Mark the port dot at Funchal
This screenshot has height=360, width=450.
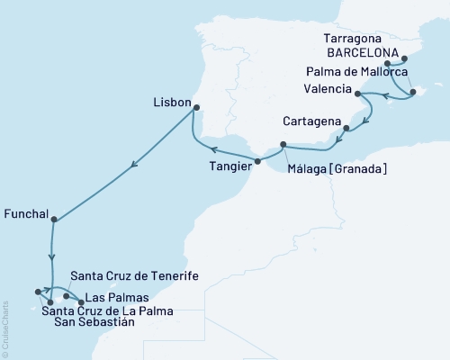55,219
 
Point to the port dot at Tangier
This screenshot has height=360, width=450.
258,162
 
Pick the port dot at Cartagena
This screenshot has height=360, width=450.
346,139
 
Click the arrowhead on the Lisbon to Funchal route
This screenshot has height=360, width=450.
133,164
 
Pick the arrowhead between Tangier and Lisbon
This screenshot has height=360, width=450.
212,149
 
